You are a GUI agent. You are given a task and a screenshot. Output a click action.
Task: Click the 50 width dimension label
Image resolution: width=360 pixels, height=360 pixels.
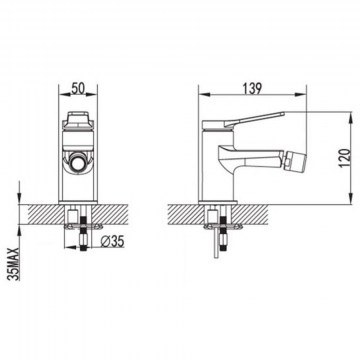79,88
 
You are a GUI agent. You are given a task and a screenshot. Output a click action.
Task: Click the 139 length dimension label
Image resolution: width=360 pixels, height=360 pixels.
252,88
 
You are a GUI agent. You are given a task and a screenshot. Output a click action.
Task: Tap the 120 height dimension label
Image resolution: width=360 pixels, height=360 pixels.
346,158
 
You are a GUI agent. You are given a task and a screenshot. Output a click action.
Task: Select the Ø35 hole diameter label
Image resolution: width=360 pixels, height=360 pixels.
113,242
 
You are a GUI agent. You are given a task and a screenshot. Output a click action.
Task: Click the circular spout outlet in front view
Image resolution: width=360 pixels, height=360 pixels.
78,164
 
